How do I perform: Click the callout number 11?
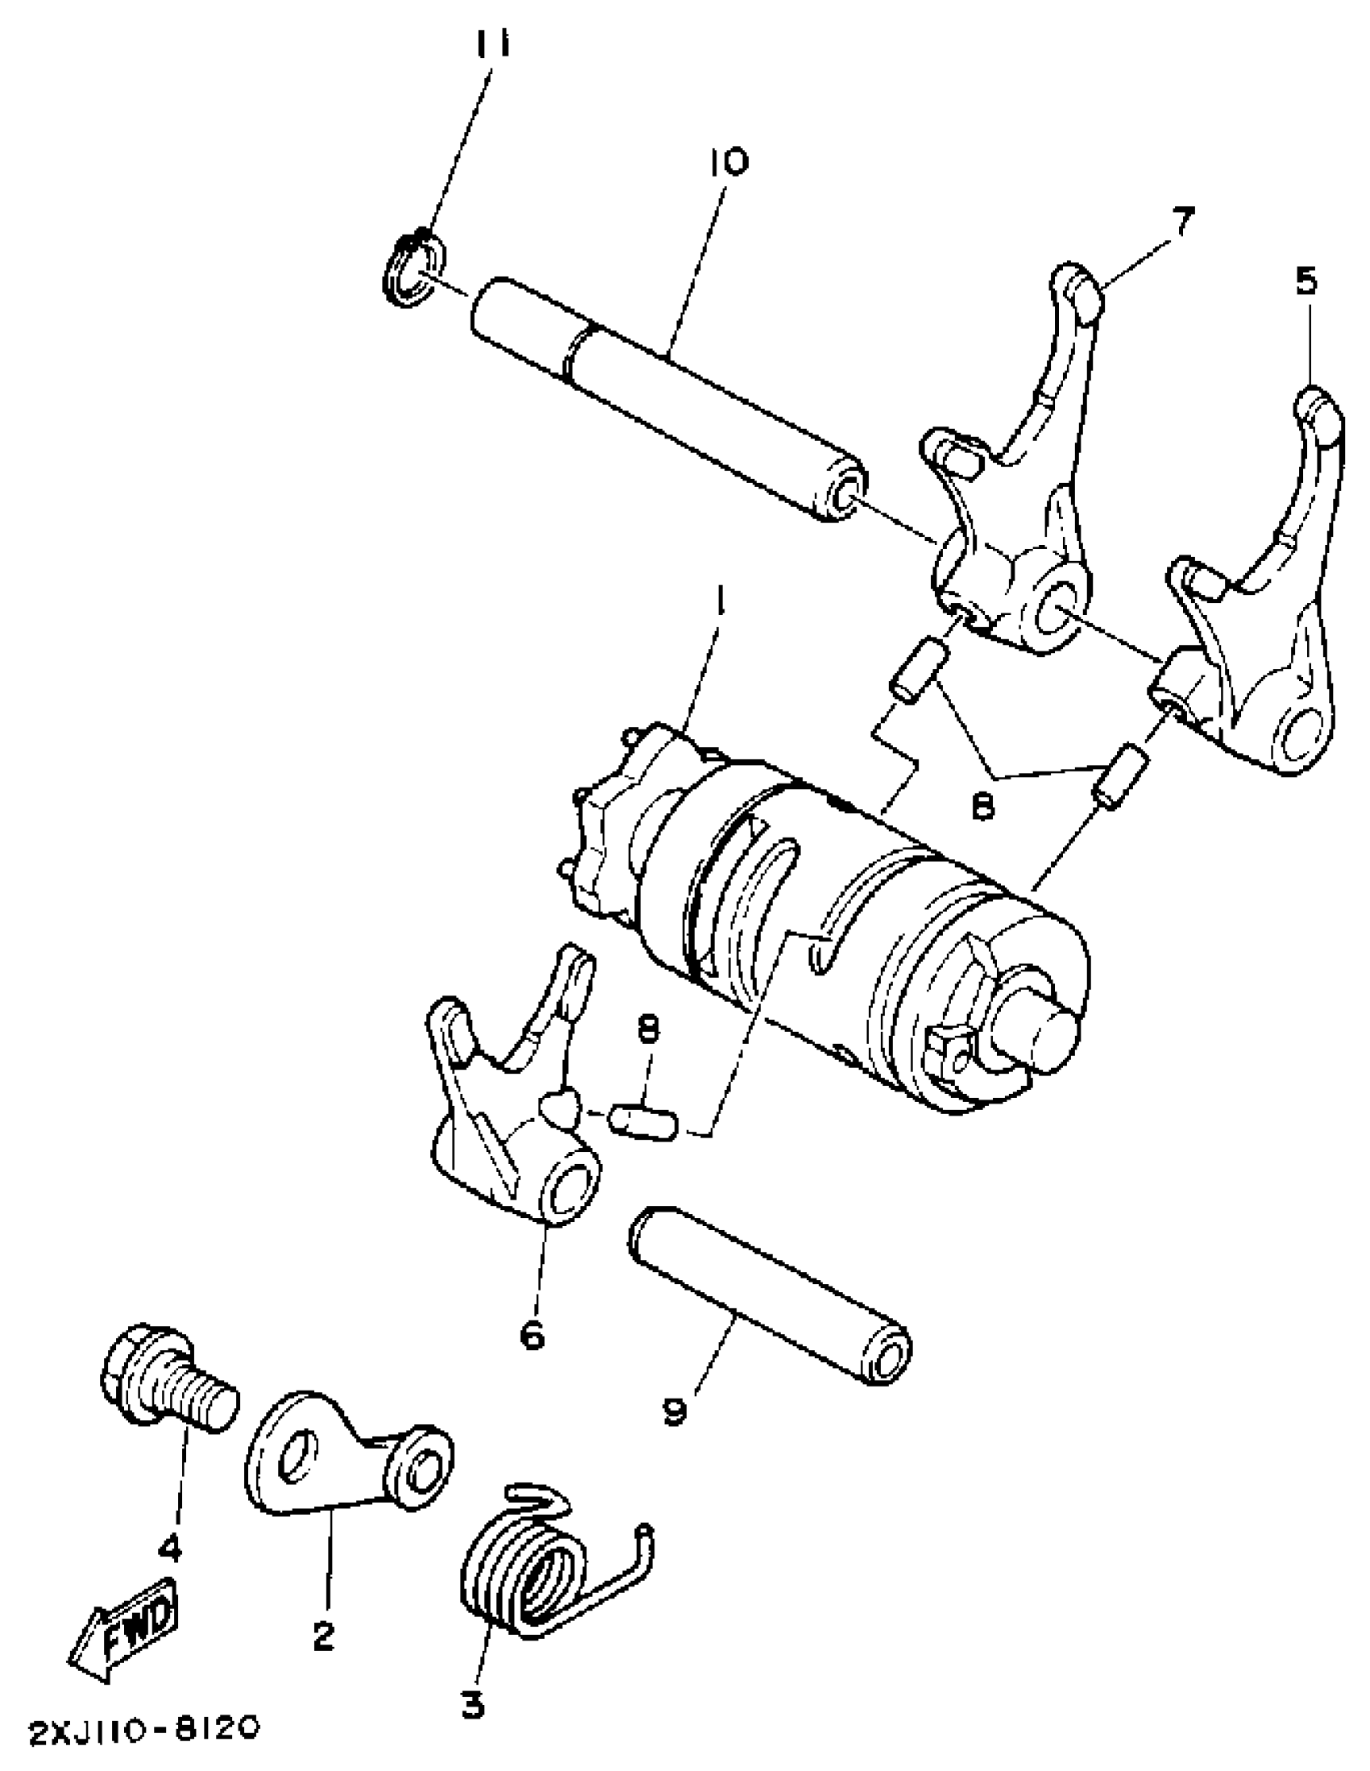[x=493, y=44]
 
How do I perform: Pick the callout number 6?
[x=532, y=1335]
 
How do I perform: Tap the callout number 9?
[x=675, y=1411]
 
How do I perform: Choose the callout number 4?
[x=169, y=1549]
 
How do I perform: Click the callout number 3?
[x=472, y=1705]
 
